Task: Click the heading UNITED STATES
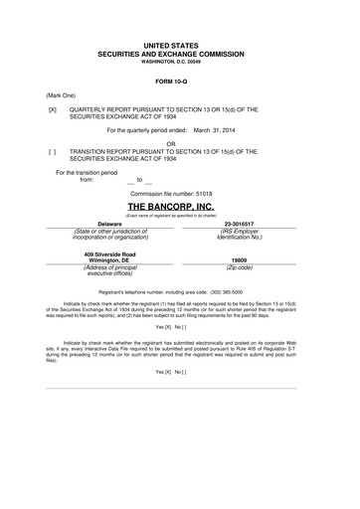180,46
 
